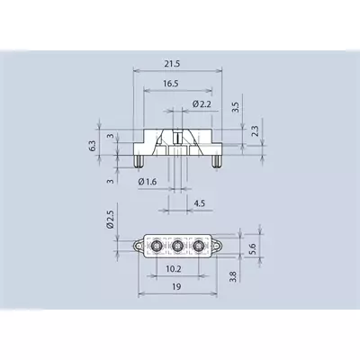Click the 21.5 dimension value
click(172, 64)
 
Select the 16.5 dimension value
click(171, 84)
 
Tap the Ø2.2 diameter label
click(202, 104)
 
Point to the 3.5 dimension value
click(236, 107)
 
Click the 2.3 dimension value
click(255, 131)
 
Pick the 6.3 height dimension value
click(93, 146)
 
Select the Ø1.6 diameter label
click(148, 182)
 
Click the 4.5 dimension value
click(199, 203)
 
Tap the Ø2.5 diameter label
click(111, 220)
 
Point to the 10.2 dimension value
click(174, 269)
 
